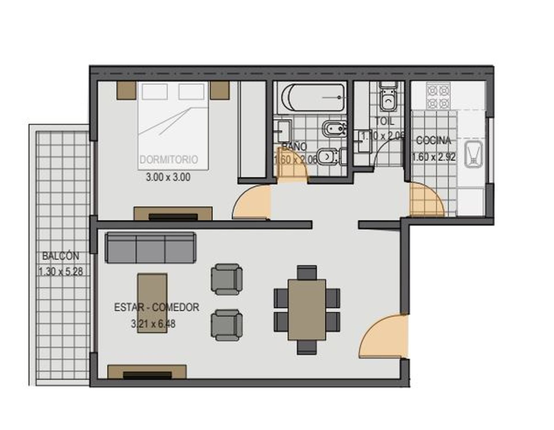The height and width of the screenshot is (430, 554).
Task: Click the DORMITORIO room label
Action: [169, 160]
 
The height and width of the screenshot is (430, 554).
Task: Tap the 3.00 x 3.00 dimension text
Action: [168, 177]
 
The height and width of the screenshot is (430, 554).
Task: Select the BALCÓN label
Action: [61, 256]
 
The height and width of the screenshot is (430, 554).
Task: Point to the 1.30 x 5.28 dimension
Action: [61, 271]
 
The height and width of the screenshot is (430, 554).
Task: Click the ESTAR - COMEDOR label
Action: [157, 307]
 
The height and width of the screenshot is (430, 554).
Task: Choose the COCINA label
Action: [433, 141]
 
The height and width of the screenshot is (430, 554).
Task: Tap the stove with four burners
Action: [438, 96]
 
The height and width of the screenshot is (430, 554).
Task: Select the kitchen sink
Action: [473, 154]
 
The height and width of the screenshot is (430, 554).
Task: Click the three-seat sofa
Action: [151, 248]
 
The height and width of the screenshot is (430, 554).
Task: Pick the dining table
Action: [307, 309]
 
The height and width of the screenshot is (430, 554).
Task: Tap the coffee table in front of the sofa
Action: [152, 303]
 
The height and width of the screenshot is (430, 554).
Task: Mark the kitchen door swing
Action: [426, 199]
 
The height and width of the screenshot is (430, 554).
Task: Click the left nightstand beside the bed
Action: [126, 90]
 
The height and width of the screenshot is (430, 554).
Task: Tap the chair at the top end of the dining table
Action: [307, 272]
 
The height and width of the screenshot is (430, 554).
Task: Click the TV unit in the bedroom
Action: [173, 214]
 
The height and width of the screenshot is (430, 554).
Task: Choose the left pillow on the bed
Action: [155, 92]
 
